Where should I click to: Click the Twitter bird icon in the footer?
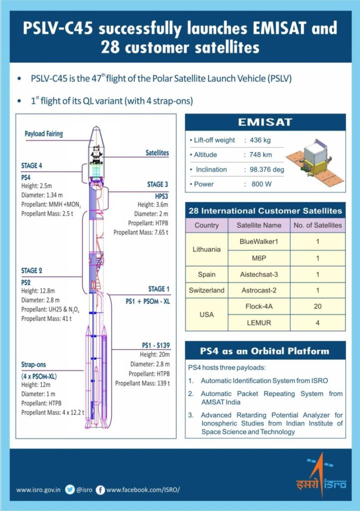click(x=70, y=490)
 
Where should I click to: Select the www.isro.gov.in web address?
click(x=38, y=490)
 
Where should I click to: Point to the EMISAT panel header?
click(x=265, y=122)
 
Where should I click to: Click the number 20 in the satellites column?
click(x=318, y=306)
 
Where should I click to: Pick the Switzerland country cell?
click(x=207, y=290)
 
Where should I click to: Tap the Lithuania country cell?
click(x=207, y=249)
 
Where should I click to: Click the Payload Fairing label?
click(x=44, y=134)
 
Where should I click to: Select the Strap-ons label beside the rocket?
click(x=33, y=365)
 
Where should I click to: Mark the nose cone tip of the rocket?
click(x=96, y=128)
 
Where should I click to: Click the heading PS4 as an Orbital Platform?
click(x=265, y=351)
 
